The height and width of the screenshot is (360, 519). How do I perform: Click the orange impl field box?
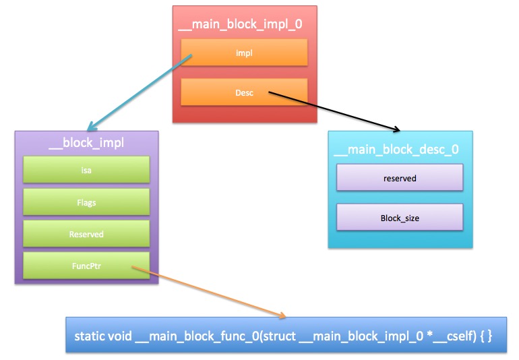coord(244,53)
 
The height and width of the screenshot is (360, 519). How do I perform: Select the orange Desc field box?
coord(244,92)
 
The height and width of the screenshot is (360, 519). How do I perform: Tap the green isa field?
coord(86,170)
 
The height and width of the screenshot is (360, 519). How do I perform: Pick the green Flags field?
coord(86,202)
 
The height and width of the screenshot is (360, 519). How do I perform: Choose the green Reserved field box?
coord(86,234)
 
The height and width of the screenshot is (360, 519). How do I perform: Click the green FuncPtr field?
coord(86,266)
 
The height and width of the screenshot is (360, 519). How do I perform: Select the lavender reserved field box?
coord(400,177)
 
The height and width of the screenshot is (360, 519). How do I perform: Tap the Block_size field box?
coord(400,217)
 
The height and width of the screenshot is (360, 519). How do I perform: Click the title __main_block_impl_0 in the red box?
coord(240,24)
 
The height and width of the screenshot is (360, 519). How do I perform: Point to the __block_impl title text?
coord(86,143)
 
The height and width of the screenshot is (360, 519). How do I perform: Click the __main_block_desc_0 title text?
coord(396,150)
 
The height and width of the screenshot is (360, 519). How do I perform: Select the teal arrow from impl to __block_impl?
coord(140,93)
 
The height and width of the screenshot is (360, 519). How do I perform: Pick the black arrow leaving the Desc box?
coord(334,112)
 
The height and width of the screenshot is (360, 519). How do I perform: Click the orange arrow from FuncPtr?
coord(209,291)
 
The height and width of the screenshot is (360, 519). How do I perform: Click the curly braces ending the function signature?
coord(487,336)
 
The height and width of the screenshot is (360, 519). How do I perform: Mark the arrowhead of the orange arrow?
coord(282,316)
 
